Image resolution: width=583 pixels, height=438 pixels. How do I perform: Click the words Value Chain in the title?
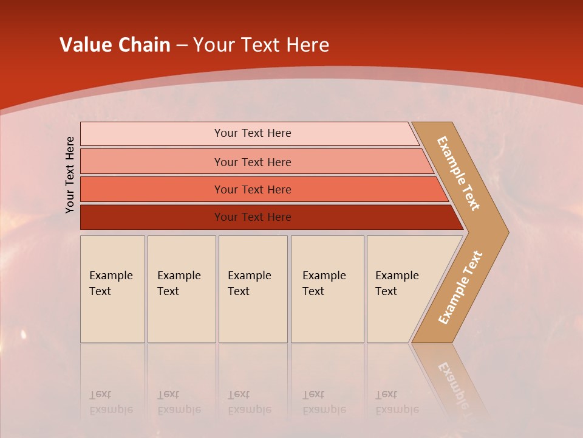pos(115,45)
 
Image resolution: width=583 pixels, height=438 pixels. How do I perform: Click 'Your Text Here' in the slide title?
pos(261,45)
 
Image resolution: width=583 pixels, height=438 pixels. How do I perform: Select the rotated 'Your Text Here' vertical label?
pos(70,175)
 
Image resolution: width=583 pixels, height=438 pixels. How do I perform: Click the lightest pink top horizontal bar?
pos(152,134)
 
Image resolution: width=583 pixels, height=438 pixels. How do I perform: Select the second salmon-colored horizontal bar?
pos(152,162)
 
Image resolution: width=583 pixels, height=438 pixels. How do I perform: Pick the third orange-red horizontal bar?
pos(152,189)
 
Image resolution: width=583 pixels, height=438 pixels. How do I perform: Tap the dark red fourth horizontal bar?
pos(152,217)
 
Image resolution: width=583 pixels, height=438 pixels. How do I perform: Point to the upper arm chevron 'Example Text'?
pos(459,173)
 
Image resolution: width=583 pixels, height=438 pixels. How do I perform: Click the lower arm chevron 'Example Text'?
pos(460,288)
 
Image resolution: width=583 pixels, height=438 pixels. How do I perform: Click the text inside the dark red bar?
pos(253,217)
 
